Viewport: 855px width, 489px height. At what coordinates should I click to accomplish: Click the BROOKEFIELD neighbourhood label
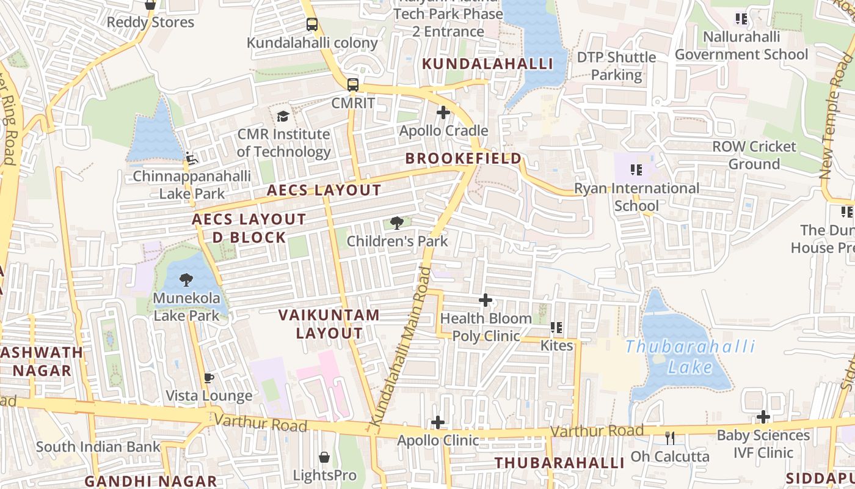[x=464, y=159]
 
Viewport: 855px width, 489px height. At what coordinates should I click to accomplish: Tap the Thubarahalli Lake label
[x=690, y=357]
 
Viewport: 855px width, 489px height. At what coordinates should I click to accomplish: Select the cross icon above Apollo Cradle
[x=443, y=112]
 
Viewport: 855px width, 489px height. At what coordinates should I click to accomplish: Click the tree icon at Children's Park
[x=397, y=223]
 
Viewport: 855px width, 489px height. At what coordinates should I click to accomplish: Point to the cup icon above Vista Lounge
[x=209, y=378]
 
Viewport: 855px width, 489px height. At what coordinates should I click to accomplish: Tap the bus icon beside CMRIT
[x=353, y=85]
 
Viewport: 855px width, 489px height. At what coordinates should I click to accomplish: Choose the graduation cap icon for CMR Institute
[x=283, y=116]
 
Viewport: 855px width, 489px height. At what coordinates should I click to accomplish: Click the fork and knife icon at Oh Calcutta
[x=670, y=438]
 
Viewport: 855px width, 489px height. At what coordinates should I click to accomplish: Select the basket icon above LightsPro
[x=324, y=457]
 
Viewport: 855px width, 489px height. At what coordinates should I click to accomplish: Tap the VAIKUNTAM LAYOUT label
[x=329, y=325]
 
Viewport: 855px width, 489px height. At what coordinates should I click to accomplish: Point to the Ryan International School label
[x=636, y=197]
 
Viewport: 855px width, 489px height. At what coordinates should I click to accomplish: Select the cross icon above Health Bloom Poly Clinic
[x=486, y=300]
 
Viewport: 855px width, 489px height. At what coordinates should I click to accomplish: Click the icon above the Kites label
[x=556, y=328]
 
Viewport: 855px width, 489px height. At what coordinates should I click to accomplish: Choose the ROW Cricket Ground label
[x=754, y=155]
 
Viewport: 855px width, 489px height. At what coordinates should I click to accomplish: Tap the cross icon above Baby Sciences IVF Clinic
[x=763, y=417]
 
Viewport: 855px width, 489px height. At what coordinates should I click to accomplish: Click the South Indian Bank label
[x=98, y=447]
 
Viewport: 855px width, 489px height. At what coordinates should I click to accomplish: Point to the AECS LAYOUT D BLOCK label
[x=249, y=228]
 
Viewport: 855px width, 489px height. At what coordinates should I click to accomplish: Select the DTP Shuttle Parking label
[x=617, y=66]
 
